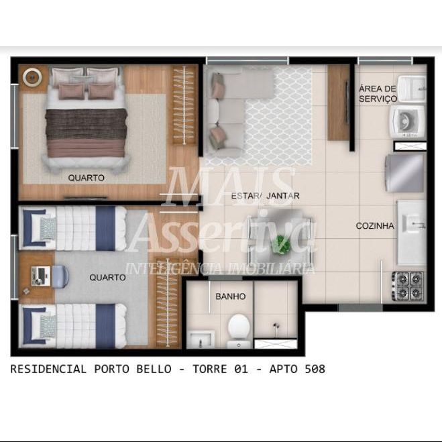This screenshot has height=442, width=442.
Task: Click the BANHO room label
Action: [230, 296]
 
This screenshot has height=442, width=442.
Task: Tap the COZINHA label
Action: [375, 225]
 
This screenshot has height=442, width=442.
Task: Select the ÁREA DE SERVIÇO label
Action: [378, 94]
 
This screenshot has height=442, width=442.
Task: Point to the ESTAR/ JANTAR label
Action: [265, 196]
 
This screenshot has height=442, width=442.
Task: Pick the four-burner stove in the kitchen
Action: [408, 286]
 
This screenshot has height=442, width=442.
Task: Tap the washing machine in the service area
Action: [407, 123]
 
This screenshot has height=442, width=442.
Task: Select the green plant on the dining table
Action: [281, 245]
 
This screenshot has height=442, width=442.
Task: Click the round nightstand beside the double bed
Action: [32, 76]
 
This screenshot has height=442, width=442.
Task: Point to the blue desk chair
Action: [60, 276]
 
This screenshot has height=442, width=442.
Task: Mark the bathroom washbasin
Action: [201, 339]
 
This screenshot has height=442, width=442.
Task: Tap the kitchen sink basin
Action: [414, 223]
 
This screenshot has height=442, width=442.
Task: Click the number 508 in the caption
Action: [315, 369]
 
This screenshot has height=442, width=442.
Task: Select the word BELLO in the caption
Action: [154, 369]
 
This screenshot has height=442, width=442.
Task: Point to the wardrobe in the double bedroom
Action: [184, 105]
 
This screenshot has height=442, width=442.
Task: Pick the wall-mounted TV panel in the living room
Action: [347, 102]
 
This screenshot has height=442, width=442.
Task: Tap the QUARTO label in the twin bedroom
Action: [107, 278]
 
